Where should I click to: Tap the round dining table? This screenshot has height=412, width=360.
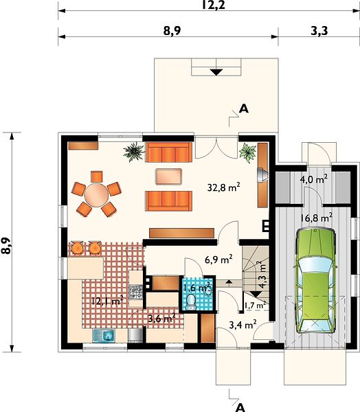click(96, 195)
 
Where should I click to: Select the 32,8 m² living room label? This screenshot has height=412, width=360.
click(223, 187)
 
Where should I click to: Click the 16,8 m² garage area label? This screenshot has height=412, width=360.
click(316, 218)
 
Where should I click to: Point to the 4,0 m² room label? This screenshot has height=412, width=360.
click(314, 180)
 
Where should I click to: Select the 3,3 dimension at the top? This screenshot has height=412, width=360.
click(319, 31)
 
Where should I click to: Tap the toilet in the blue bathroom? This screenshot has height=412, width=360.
click(190, 302)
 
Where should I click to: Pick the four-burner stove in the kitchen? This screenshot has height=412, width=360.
click(136, 293)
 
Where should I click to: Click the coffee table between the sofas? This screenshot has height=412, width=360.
click(168, 176)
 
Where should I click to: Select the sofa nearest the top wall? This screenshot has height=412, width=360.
click(168, 152)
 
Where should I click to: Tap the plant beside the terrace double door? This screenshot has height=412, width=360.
click(247, 152)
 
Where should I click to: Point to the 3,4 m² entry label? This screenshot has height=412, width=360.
click(243, 325)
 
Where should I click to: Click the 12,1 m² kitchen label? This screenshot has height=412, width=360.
click(107, 301)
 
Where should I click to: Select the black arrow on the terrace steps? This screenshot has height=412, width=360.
click(216, 72)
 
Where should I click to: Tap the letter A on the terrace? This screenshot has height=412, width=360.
click(243, 108)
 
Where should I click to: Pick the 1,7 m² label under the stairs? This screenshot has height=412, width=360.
click(255, 306)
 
